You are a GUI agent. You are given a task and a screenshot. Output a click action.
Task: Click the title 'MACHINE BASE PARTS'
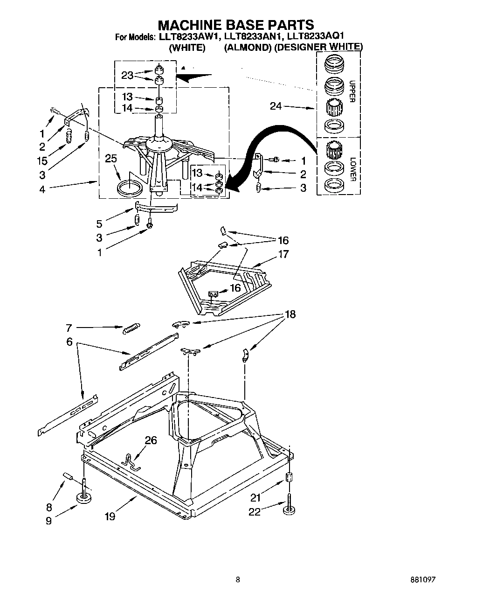(235, 24)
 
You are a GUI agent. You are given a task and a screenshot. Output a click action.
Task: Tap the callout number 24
(276, 106)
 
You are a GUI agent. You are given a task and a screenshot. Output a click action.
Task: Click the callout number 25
(111, 159)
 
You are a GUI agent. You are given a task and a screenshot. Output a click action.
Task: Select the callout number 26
(151, 440)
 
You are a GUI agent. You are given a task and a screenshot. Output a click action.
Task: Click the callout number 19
(110, 516)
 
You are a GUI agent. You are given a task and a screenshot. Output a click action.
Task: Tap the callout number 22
(255, 512)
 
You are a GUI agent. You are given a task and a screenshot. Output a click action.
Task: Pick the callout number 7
(69, 328)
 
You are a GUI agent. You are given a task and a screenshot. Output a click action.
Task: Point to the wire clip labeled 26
(130, 459)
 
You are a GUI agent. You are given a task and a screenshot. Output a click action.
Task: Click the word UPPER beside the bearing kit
(352, 91)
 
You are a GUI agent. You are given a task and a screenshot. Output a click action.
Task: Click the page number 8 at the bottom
(238, 580)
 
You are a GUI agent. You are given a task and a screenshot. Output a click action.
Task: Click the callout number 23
(127, 75)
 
